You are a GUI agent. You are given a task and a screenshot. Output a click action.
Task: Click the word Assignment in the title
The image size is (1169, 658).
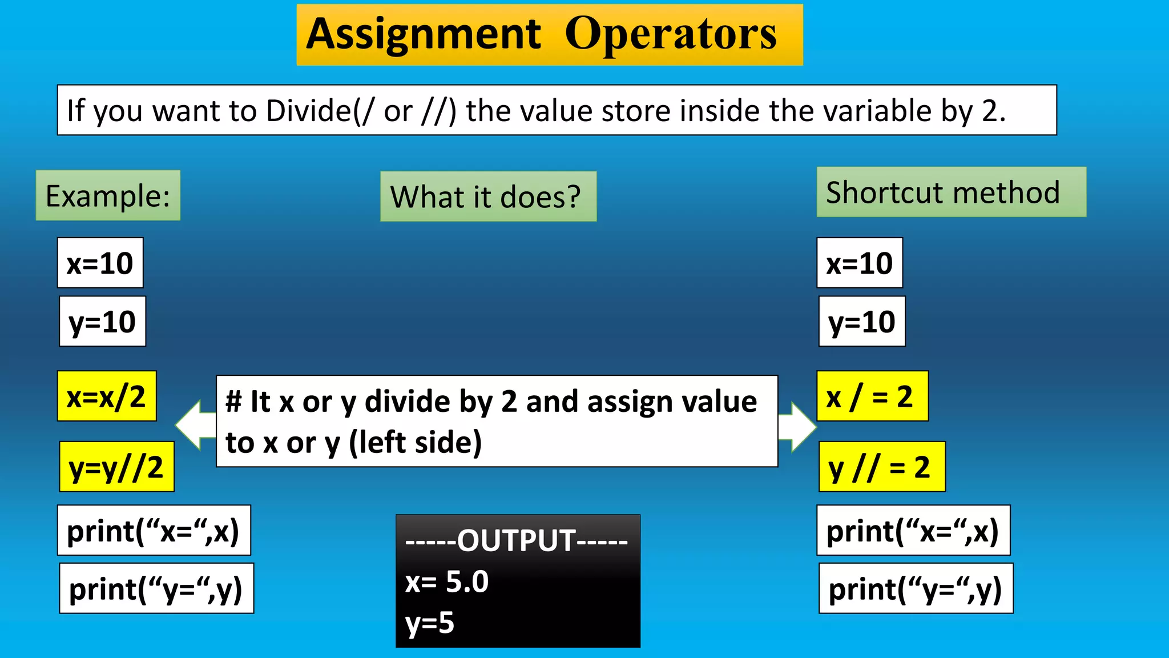[423, 35]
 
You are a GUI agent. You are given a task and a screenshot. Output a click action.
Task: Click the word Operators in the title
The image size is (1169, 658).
[671, 35]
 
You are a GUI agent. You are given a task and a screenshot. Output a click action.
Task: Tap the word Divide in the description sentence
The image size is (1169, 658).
[308, 110]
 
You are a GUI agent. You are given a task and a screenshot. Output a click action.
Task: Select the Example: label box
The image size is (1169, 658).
[108, 196]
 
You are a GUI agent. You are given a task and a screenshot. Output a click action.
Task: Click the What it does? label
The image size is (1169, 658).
[488, 197]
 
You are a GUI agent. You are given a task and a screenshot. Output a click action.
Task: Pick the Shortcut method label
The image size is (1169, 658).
[951, 192]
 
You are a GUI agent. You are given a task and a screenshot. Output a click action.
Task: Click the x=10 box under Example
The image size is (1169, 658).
[100, 263]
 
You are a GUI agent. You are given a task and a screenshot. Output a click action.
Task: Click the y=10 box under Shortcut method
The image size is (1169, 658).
[862, 322]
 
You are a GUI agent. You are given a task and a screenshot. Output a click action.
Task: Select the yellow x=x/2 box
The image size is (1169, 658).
[107, 396]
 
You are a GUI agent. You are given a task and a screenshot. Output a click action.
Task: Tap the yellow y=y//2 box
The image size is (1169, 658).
[116, 467]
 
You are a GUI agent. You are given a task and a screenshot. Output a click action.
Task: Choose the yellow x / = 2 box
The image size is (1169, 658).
[872, 396]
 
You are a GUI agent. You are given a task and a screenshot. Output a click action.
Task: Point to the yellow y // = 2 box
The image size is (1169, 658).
[882, 467]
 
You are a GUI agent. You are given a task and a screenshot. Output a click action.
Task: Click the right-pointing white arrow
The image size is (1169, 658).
[799, 427]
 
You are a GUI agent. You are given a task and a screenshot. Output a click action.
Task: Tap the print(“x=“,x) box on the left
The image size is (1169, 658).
[154, 531]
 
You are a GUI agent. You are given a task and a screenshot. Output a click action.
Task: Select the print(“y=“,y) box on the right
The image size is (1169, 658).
[916, 589]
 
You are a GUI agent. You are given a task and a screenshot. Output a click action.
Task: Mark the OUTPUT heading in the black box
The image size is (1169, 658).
[517, 540]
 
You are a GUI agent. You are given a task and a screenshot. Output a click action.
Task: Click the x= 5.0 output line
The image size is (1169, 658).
[447, 582]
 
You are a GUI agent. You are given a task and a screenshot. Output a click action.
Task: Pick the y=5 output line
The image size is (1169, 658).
[430, 623]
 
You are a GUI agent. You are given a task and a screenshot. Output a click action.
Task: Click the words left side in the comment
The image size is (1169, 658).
[416, 443]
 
